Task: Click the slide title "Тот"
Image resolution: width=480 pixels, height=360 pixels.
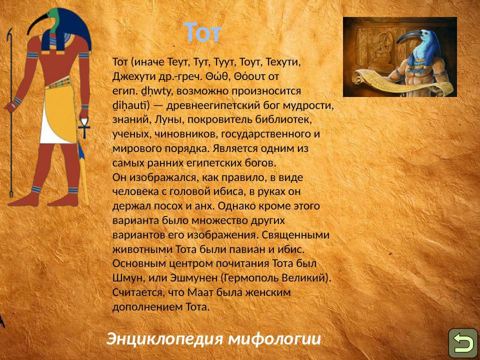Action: [x=202, y=33]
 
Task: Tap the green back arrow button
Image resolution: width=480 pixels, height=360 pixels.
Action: [x=463, y=343]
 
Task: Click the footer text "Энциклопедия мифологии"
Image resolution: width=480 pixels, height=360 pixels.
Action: [x=213, y=339]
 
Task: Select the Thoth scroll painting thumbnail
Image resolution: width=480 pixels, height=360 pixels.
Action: [x=399, y=57]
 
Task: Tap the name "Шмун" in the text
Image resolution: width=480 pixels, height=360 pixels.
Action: [x=126, y=277]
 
